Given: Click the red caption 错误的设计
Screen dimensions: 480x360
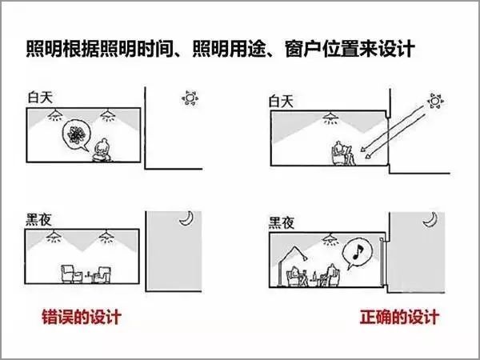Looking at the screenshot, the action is pos(82,317).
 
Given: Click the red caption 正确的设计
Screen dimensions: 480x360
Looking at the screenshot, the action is pos(399,317).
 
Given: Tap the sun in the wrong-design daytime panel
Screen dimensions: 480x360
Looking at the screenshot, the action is pos(190,98).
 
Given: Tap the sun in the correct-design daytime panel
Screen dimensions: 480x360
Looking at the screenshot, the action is pos(435,101).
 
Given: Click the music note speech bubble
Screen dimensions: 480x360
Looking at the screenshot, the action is pos(357,253).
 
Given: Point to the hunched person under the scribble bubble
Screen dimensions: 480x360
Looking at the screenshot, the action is pos(102,150).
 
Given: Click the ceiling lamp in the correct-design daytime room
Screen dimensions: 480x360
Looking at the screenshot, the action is pos(330,118).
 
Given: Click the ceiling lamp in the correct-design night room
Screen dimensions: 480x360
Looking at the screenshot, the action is pos(330,239).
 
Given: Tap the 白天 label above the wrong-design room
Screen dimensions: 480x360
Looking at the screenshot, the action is pos(40,98).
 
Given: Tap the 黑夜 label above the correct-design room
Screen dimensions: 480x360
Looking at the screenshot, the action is pos(282,222).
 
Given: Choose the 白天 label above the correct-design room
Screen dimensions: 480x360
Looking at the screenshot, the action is pos(281,101).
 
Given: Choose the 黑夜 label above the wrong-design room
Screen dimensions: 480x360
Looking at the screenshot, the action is pos(38,219).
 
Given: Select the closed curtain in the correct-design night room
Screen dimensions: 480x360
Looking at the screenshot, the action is pos(382,262).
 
